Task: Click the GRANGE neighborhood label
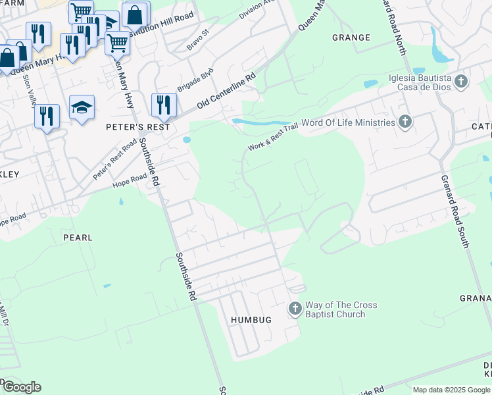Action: (x=351, y=38)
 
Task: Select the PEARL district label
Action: (x=78, y=237)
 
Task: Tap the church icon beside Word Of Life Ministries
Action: (x=405, y=122)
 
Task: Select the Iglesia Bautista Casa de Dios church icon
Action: (x=461, y=82)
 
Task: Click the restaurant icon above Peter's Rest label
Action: (x=162, y=104)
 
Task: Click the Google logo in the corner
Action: (x=21, y=387)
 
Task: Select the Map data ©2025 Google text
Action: (x=451, y=390)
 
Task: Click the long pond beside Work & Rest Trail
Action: (x=263, y=122)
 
